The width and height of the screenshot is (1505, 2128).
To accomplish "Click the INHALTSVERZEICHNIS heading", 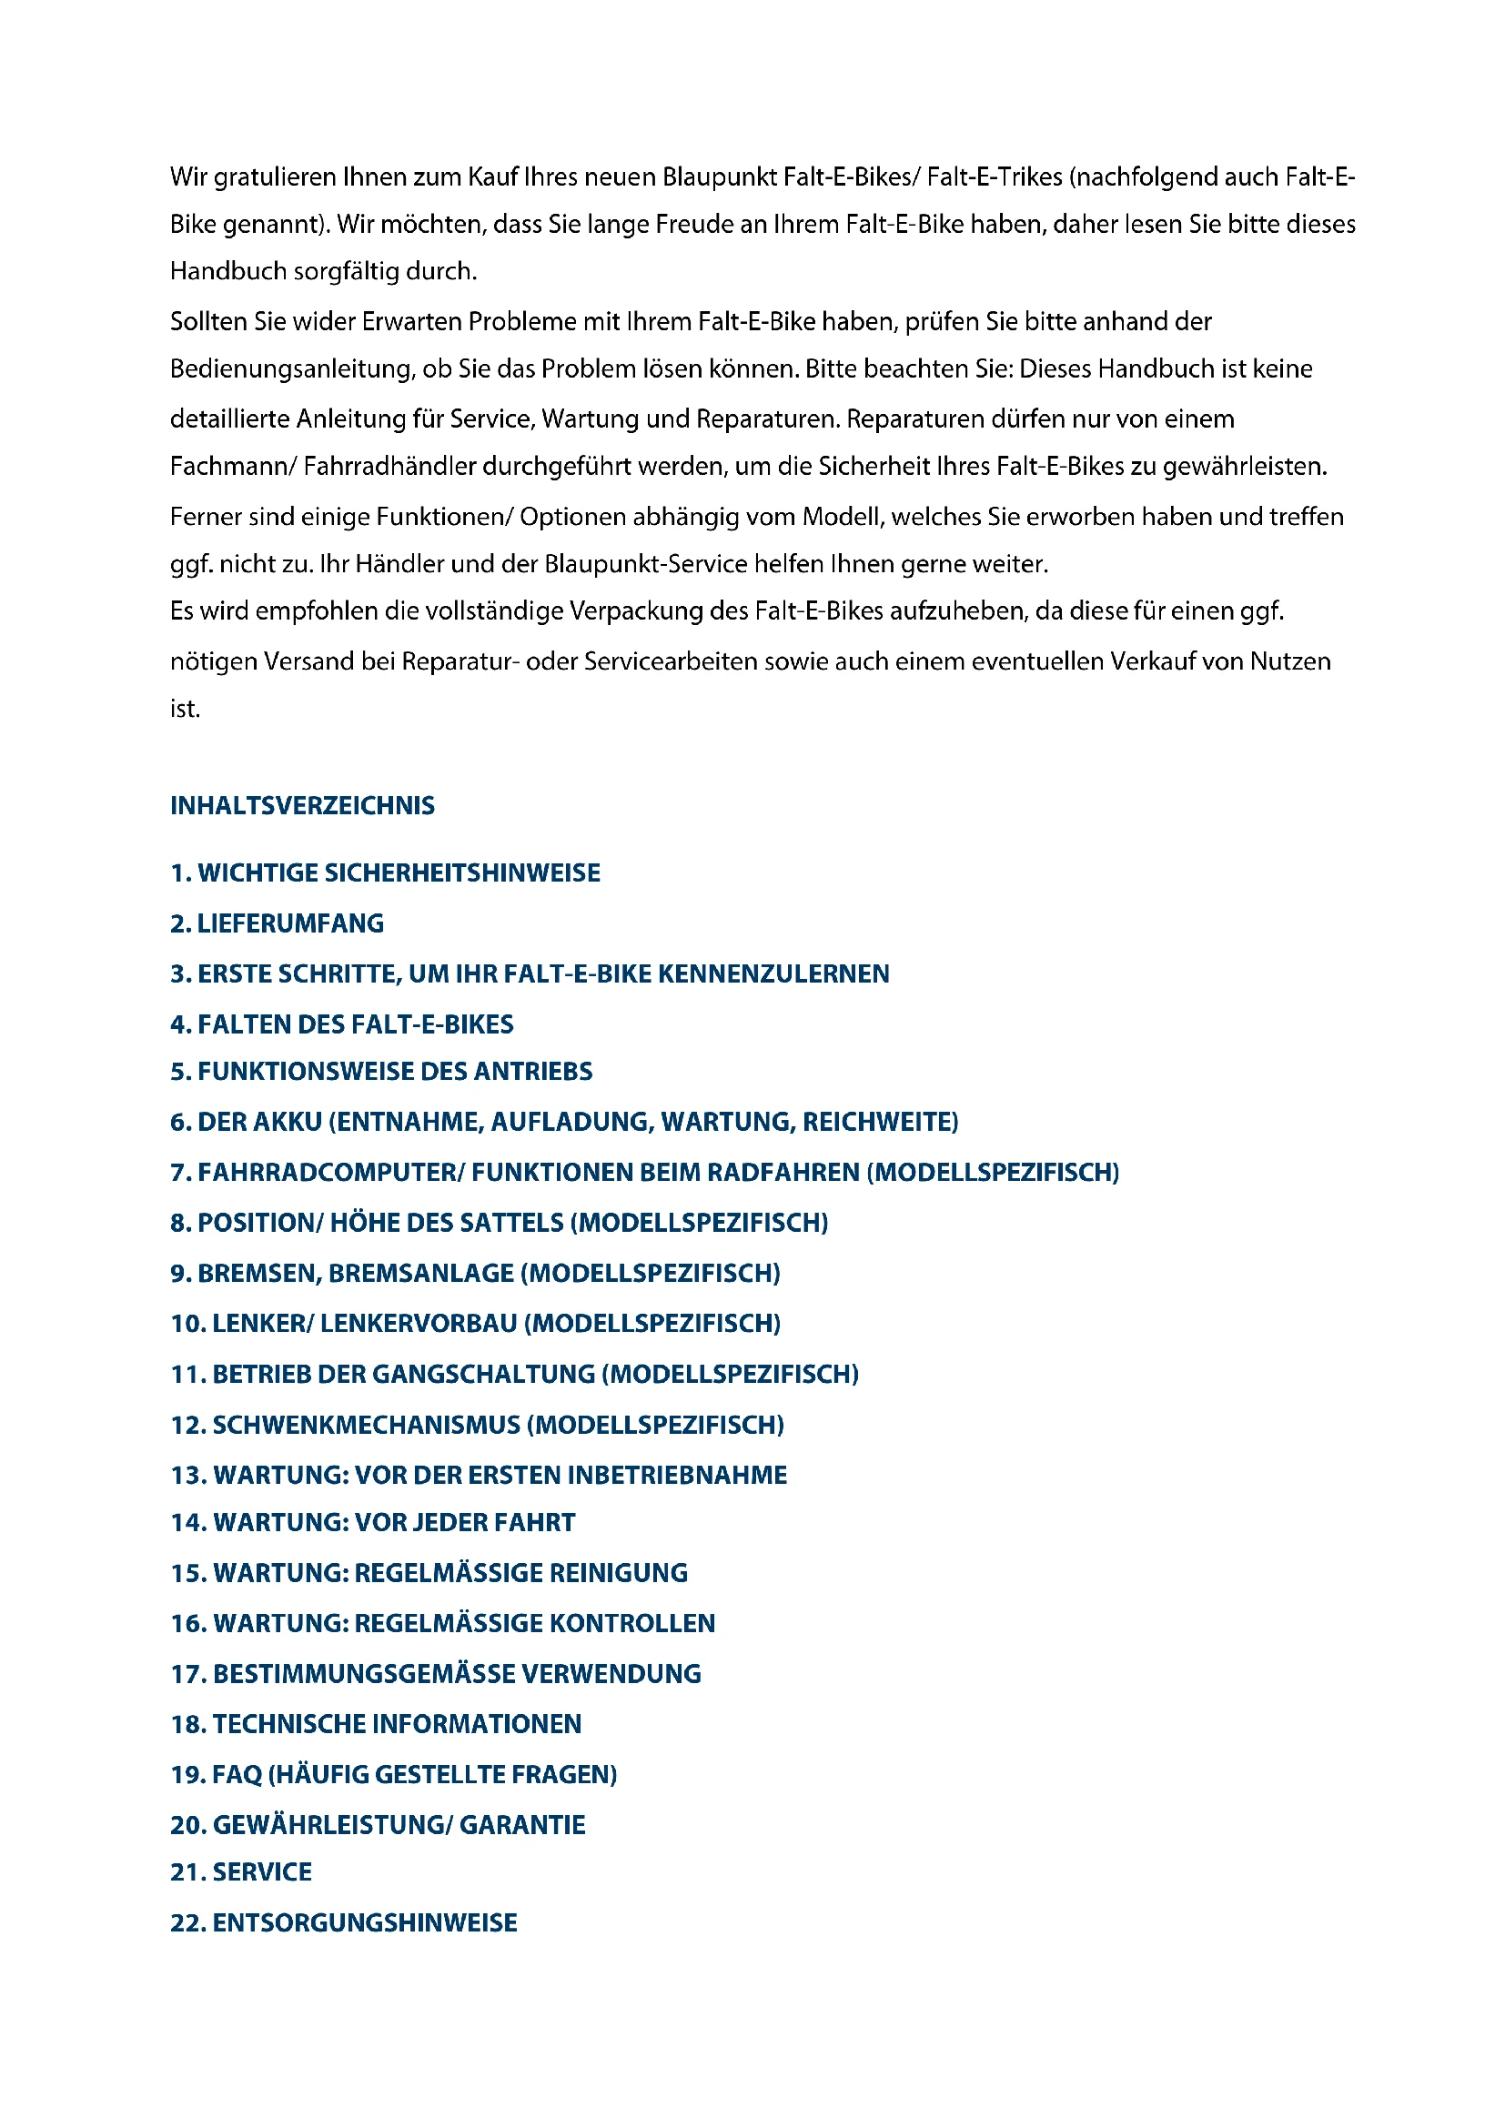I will (x=302, y=805).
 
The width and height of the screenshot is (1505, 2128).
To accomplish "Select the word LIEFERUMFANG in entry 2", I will (x=290, y=923).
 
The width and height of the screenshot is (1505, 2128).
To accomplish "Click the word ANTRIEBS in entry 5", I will (x=533, y=1072).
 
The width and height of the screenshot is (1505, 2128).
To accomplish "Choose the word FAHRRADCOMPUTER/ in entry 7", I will (x=331, y=1173).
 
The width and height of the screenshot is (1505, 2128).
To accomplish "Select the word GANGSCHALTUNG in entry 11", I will (x=484, y=1374).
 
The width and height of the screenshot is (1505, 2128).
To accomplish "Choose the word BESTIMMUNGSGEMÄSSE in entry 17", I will (x=362, y=1674).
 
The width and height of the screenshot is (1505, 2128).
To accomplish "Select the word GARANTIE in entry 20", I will (x=522, y=1825).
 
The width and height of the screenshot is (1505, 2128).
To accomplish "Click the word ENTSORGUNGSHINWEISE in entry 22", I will (x=365, y=1922).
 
